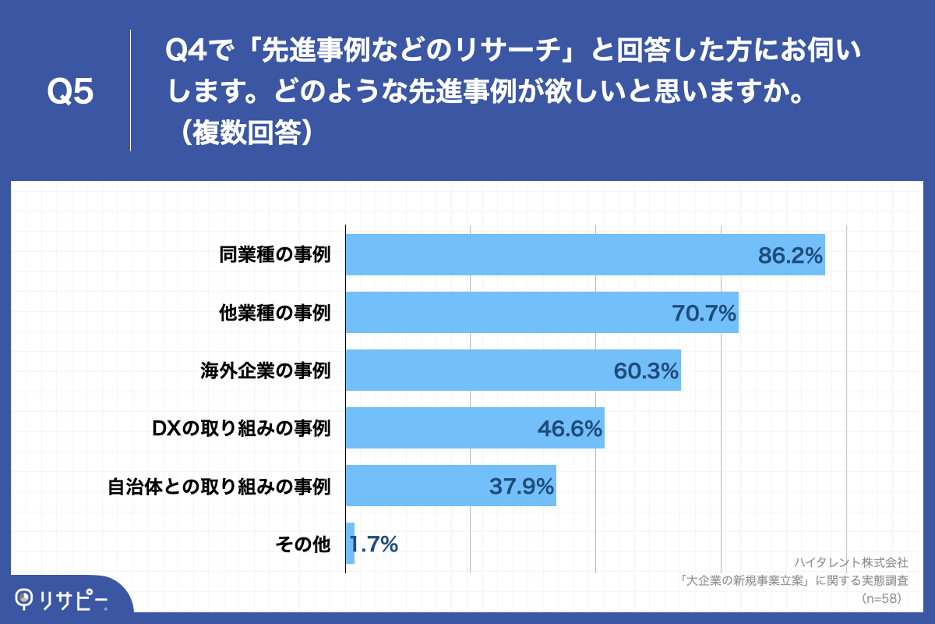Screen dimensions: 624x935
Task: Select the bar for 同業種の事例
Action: [x=545, y=254]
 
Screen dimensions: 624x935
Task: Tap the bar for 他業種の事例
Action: [x=506, y=313]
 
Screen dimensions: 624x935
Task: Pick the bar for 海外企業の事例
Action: [x=475, y=370]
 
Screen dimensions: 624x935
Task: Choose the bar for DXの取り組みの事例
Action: [x=436, y=428]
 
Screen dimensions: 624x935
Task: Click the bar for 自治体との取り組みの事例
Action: [x=413, y=486]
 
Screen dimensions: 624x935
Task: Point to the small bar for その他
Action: [x=350, y=544]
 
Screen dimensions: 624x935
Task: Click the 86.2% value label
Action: [x=790, y=256]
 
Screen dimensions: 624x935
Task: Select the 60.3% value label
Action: [x=647, y=371]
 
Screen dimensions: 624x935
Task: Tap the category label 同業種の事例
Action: [x=275, y=255]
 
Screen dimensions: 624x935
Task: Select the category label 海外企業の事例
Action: [x=266, y=370]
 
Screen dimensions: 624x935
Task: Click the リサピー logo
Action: [x=62, y=599]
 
